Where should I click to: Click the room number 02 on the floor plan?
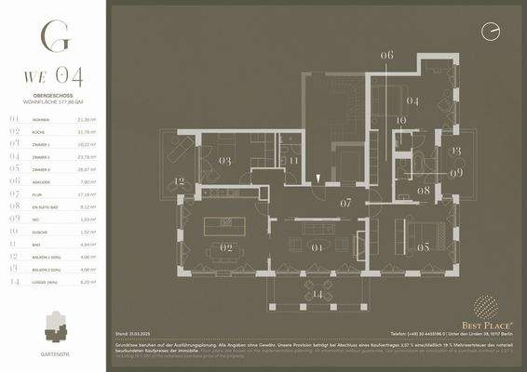[x=225, y=248]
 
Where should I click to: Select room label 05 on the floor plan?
[x=423, y=248]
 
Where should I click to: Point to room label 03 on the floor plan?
[x=224, y=161]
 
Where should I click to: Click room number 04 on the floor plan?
[x=412, y=100]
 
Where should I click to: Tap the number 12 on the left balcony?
[x=179, y=181]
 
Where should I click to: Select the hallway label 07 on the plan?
[x=345, y=202]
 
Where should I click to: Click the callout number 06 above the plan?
[x=386, y=56]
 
